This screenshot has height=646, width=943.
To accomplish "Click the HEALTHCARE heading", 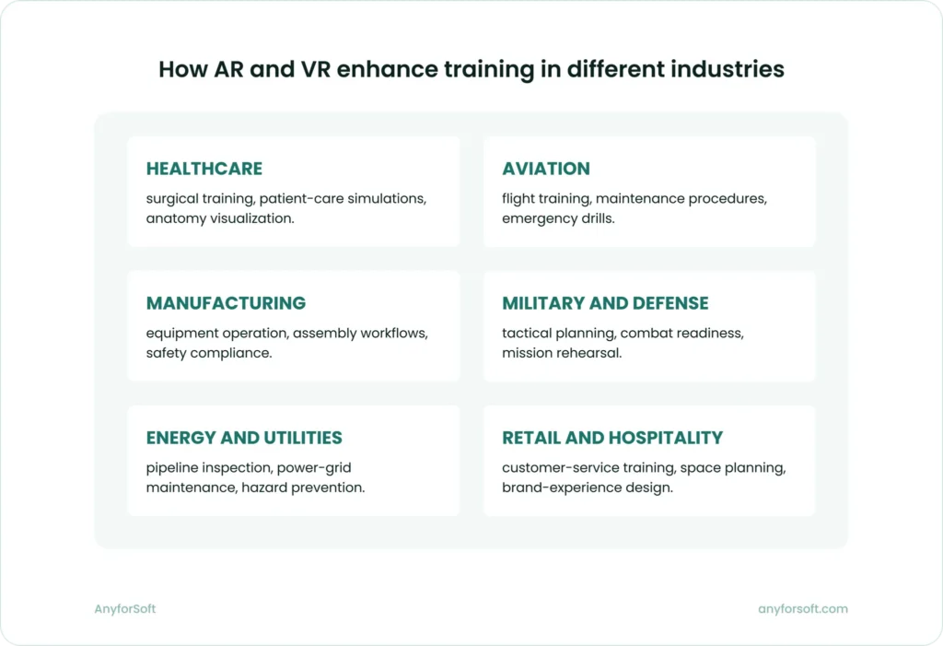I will [204, 169].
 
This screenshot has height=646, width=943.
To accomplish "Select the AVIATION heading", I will [546, 169].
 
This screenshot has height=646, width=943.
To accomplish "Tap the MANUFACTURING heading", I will [227, 303].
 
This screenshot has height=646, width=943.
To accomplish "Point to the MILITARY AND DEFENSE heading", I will [605, 303].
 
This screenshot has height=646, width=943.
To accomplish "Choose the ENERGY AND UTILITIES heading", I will [244, 438].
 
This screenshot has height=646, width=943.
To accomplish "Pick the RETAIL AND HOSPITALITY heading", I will [612, 438].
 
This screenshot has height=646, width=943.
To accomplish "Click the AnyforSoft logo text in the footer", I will [119, 609].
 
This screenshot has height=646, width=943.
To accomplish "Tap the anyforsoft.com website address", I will [803, 609].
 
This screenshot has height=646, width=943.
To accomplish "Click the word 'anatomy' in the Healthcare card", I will [175, 219].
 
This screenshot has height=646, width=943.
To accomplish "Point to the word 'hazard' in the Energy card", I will [264, 488].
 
